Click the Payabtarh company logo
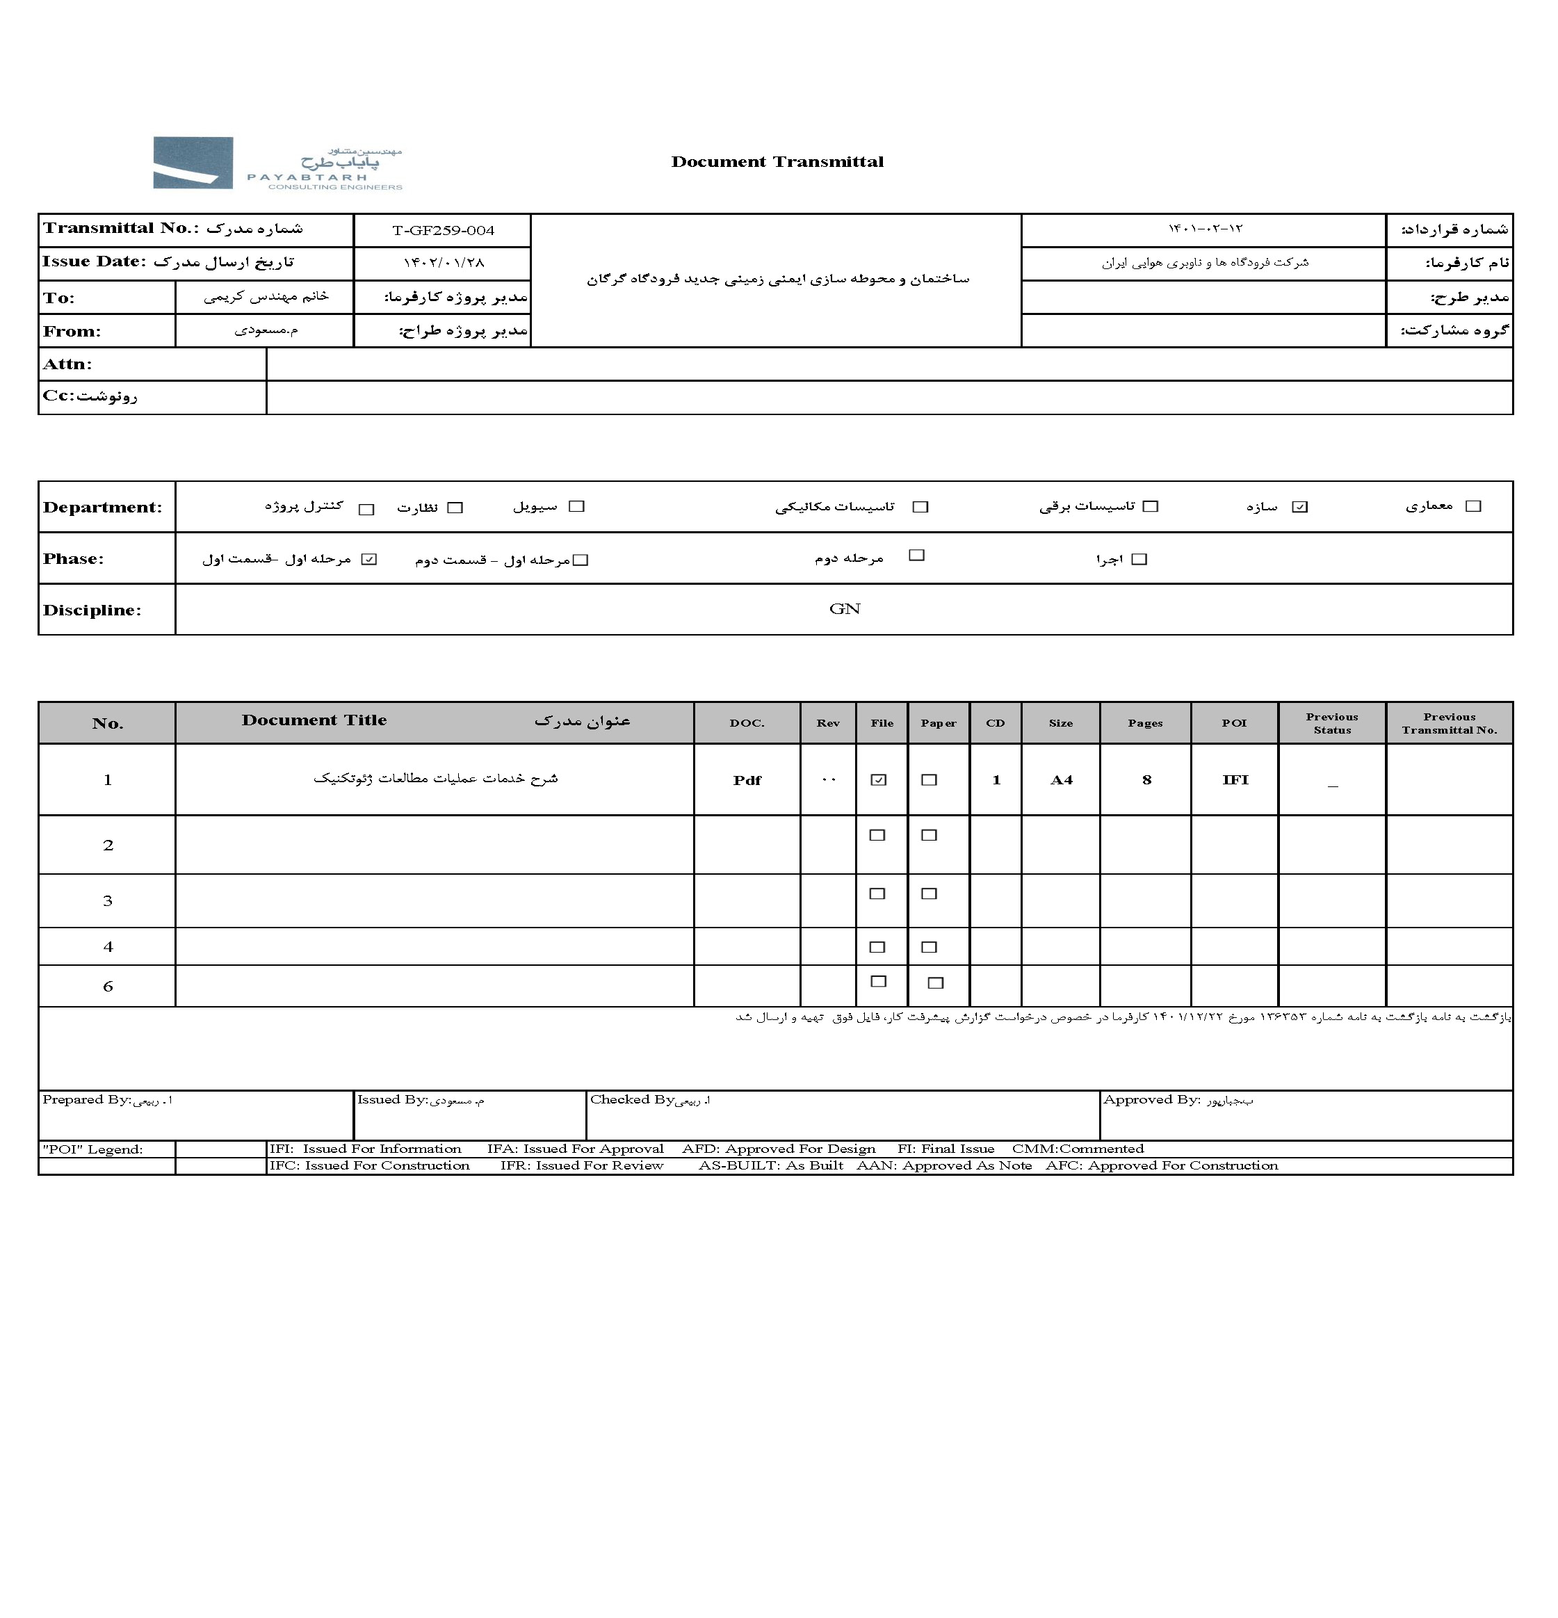[277, 164]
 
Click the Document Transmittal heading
[777, 162]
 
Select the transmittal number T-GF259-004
[443, 230]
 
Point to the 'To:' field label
[58, 298]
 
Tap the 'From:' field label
[72, 332]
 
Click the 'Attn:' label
[67, 364]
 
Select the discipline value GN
[844, 609]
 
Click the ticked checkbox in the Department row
[1299, 507]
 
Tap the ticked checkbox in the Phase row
[369, 560]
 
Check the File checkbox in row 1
[878, 780]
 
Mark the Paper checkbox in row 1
[930, 780]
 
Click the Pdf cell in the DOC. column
[747, 780]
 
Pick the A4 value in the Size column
[1060, 780]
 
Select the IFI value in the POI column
[1235, 780]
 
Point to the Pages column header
[1146, 723]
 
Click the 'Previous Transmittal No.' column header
[1449, 723]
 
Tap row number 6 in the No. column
[107, 987]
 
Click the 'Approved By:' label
[1151, 1099]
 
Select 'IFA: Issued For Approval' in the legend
[575, 1149]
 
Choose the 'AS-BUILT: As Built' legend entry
[771, 1165]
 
